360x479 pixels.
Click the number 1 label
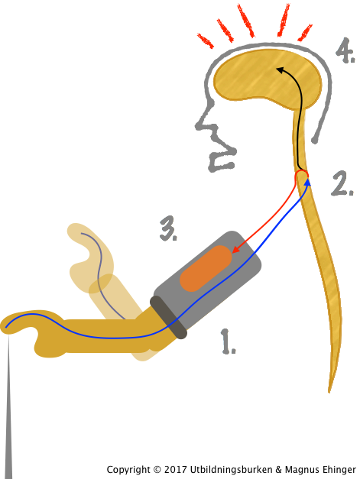tap(228, 341)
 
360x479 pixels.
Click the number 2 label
tap(342, 183)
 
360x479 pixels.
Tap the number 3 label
tap(168, 228)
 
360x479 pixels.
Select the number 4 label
tap(345, 50)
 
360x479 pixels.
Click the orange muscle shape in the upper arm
tap(206, 268)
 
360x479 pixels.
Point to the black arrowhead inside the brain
tap(281, 70)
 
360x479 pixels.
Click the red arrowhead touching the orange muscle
tap(236, 248)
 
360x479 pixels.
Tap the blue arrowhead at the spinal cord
tap(307, 183)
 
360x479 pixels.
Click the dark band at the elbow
tap(168, 317)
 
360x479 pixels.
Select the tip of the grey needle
tap(9, 335)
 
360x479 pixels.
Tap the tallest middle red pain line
tap(246, 21)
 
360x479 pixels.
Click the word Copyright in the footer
tap(128, 470)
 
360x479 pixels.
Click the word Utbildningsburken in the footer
tap(231, 470)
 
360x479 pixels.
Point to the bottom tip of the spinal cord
tap(329, 392)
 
